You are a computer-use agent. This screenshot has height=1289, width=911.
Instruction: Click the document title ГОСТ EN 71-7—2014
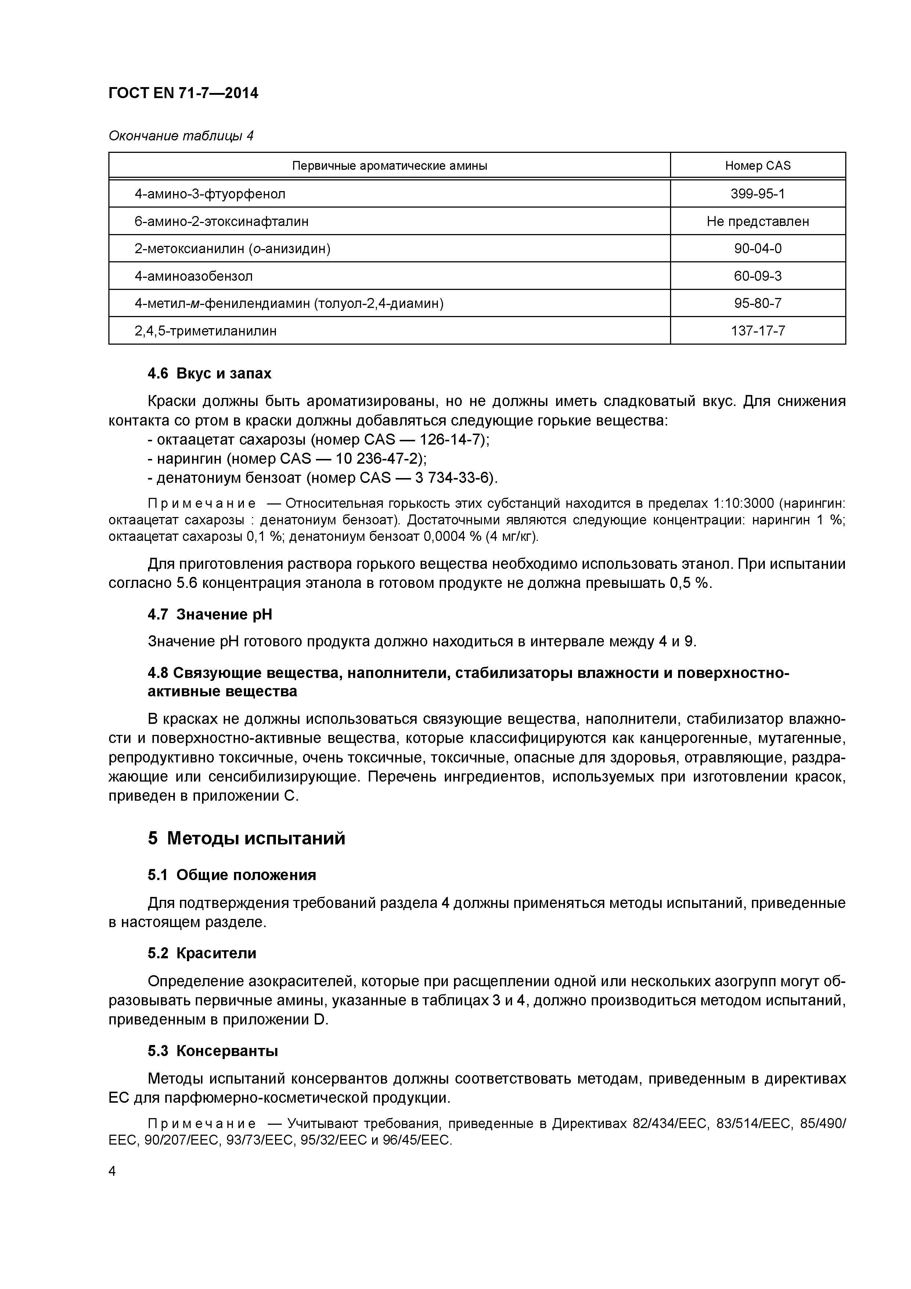(183, 93)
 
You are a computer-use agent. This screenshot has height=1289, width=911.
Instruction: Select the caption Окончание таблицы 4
(181, 136)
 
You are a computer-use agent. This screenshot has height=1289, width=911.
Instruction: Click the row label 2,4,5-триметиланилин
(205, 331)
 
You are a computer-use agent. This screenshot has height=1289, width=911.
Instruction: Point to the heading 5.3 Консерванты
(213, 1051)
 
